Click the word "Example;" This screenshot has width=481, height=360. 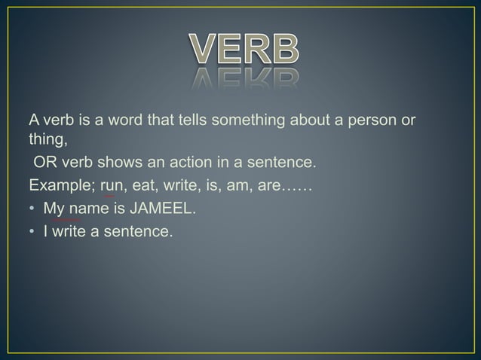click(61, 185)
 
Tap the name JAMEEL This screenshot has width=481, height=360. click(161, 208)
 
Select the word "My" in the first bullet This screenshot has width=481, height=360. click(53, 208)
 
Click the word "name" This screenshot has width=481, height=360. click(85, 208)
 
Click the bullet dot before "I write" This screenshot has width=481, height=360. click(32, 231)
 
